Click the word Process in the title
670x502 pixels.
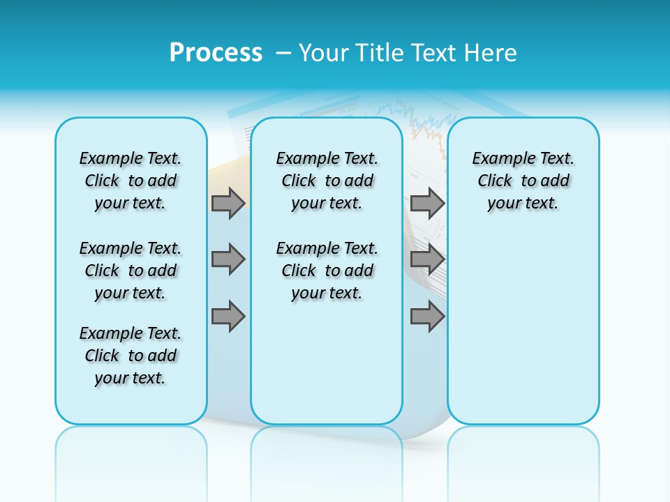(x=216, y=52)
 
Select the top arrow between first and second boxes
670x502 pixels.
(x=228, y=204)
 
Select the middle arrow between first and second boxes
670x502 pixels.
(x=228, y=259)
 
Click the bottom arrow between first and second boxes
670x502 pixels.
(x=228, y=317)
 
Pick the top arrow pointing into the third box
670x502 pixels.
(x=427, y=204)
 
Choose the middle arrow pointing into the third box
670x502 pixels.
(x=427, y=259)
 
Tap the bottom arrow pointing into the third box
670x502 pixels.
(x=427, y=317)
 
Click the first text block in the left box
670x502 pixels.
(x=131, y=181)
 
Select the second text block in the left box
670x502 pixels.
(x=131, y=271)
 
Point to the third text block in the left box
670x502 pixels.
(x=131, y=356)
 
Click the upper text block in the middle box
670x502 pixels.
(x=327, y=181)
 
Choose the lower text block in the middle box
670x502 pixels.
(x=327, y=271)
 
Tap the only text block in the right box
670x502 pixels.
(x=523, y=181)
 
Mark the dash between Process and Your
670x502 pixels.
(x=284, y=52)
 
